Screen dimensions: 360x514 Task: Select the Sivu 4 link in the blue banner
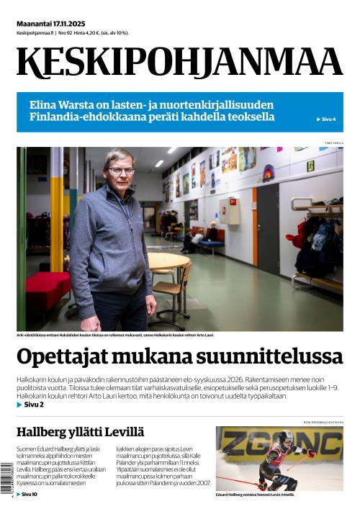(327, 119)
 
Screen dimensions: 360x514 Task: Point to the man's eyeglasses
(121, 171)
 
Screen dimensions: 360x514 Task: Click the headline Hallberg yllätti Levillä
(80, 432)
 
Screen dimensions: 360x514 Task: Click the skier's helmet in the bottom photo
(286, 438)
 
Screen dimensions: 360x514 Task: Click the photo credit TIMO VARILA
(333, 143)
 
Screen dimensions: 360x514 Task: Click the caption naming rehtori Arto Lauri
(115, 335)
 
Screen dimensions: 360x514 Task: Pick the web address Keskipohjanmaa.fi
(35, 33)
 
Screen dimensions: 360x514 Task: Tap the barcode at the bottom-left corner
(7, 478)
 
